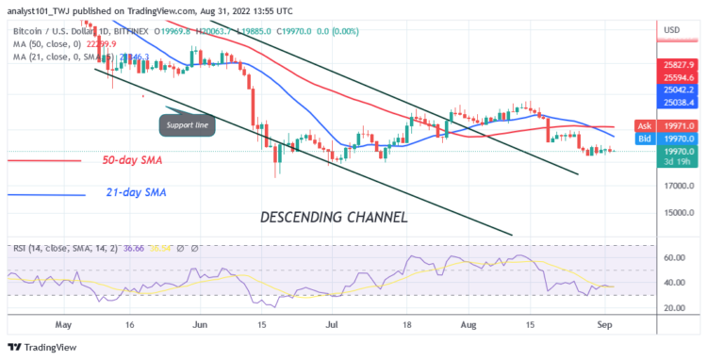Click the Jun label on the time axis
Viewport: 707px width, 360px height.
coord(200,322)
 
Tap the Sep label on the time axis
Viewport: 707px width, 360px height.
coord(610,322)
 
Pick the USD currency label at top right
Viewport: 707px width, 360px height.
coord(672,30)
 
